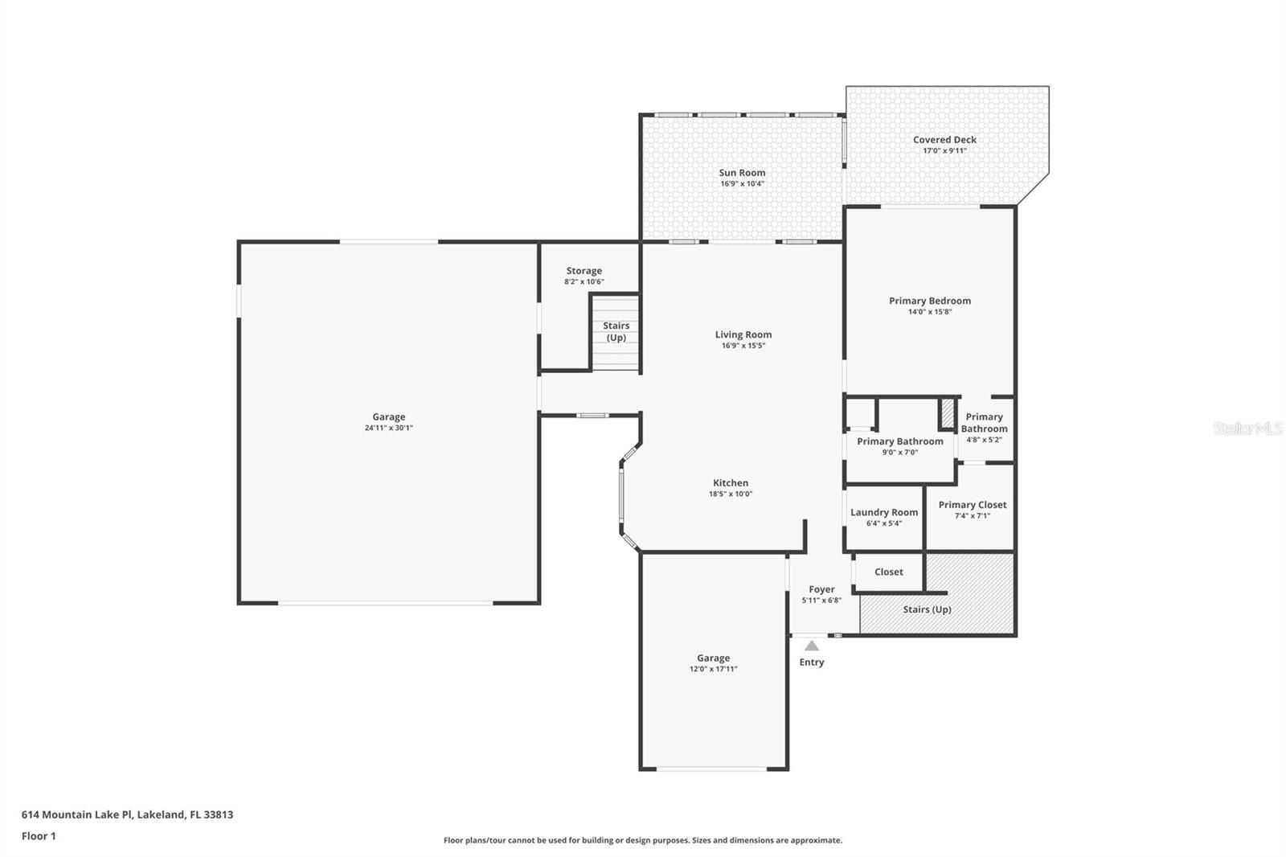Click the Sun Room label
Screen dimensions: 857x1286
click(x=742, y=173)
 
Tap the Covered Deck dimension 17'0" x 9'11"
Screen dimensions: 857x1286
click(x=944, y=151)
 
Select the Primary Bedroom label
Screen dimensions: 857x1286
click(x=930, y=301)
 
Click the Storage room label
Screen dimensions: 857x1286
click(x=584, y=271)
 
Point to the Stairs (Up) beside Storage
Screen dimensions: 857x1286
click(x=616, y=331)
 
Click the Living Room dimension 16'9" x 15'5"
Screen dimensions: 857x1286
click(x=743, y=346)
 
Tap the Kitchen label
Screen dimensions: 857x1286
click(x=731, y=483)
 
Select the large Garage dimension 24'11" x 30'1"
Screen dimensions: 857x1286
click(x=388, y=428)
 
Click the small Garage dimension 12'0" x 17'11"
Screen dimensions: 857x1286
click(x=713, y=669)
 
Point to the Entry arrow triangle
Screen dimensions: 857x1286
click(x=812, y=646)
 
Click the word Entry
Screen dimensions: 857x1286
click(x=812, y=662)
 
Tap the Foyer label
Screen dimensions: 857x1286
click(x=821, y=589)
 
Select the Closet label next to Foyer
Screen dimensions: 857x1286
click(x=889, y=572)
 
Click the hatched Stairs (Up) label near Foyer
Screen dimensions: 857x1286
click(x=927, y=609)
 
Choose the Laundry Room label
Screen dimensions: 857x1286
click(x=884, y=512)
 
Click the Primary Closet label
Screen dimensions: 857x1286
click(x=973, y=505)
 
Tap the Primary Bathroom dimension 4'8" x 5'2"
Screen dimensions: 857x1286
click(x=984, y=440)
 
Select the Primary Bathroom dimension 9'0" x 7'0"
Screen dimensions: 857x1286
click(x=899, y=453)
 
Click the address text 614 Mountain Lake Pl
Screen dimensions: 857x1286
click(x=77, y=814)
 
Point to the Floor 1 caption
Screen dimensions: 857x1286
click(x=39, y=836)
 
